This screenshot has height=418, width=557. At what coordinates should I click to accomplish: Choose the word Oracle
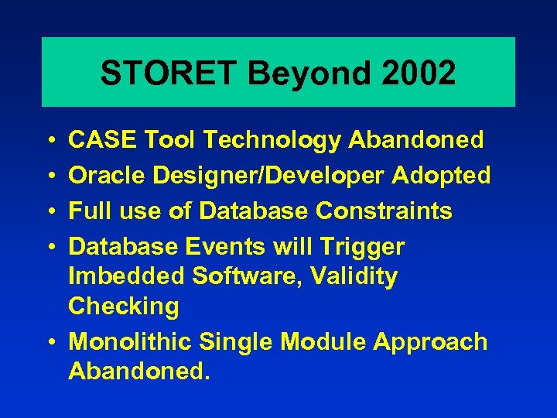click(108, 176)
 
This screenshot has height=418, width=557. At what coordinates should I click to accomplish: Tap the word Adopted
click(441, 176)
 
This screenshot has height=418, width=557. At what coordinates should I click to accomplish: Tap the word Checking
click(123, 306)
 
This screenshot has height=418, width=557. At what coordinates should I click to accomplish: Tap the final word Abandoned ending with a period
click(138, 371)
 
